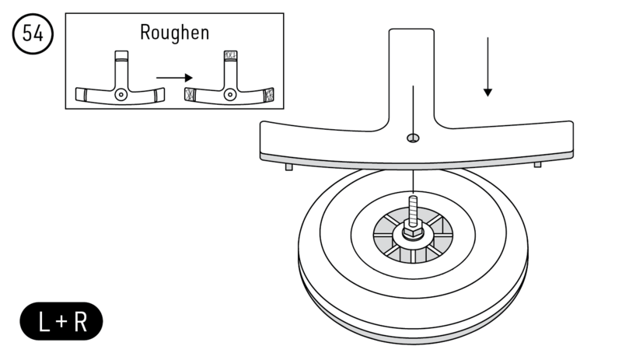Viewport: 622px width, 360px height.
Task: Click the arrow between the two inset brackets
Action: coord(173,77)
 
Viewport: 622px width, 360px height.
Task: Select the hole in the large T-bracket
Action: coord(413,138)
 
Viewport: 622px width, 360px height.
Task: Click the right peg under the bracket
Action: coord(537,163)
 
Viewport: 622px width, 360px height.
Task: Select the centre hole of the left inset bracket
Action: coord(120,94)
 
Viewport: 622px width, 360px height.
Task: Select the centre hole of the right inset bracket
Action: coord(229,94)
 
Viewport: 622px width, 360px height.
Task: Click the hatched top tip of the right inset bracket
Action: coord(229,56)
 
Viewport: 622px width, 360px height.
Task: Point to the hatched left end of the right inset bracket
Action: coord(190,96)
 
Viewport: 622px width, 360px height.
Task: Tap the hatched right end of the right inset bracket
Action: coord(269,96)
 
